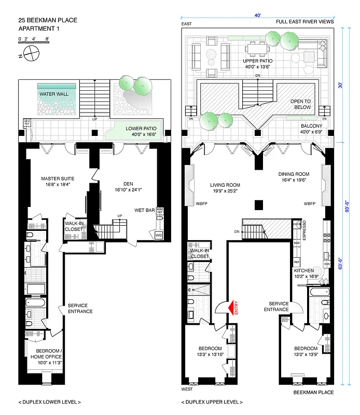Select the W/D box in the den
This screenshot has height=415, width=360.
pos(158,235)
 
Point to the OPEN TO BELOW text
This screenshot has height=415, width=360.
pos(300,104)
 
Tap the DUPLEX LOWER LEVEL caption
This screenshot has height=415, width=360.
pos(49,402)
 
